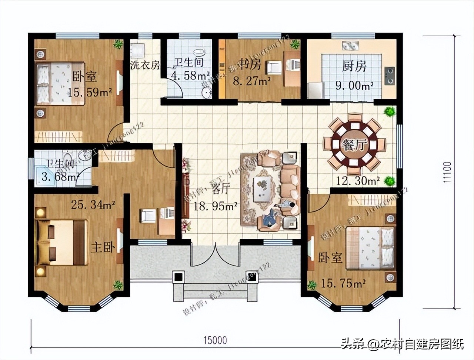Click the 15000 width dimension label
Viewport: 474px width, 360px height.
(215, 340)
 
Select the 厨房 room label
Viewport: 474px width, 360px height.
(354, 66)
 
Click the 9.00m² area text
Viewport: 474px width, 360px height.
(354, 86)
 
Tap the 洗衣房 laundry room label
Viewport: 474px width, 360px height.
(145, 66)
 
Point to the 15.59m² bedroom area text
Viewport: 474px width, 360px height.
(90, 92)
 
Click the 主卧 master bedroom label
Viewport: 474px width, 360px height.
(103, 247)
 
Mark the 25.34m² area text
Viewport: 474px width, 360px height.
(93, 204)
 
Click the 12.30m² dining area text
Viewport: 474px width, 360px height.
(358, 181)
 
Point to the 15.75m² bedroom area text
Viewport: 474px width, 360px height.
(343, 284)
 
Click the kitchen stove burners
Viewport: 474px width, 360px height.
(390, 75)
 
